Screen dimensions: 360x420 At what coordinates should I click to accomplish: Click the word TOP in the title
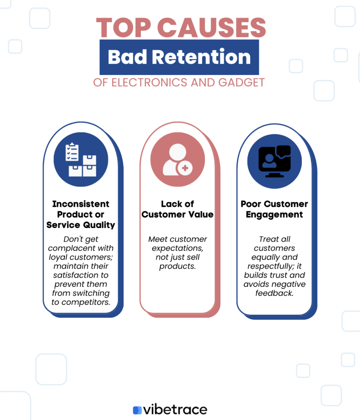tap(123, 27)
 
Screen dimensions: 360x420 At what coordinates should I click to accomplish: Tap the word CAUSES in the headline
tap(211, 27)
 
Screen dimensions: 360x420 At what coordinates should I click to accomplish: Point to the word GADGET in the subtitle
tap(242, 82)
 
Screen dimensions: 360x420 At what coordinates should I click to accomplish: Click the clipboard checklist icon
tap(72, 152)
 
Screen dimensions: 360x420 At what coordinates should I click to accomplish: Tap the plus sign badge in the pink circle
tap(185, 168)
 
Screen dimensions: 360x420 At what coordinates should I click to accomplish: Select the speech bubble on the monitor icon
tap(283, 151)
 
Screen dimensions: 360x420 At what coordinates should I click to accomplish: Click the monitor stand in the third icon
tap(274, 175)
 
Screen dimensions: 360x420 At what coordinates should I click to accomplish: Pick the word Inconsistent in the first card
tap(81, 204)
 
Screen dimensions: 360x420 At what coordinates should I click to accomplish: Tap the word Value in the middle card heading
tap(201, 214)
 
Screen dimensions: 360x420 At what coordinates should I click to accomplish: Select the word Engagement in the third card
tap(274, 215)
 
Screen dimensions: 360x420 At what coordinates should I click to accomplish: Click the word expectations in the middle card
tap(177, 248)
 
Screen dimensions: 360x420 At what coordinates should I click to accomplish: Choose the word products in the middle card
tap(177, 266)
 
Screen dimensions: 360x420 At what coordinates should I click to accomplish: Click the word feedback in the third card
tap(274, 293)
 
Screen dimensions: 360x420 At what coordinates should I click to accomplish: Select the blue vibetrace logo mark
tap(137, 410)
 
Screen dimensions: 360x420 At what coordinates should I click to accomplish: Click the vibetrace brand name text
tap(175, 409)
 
